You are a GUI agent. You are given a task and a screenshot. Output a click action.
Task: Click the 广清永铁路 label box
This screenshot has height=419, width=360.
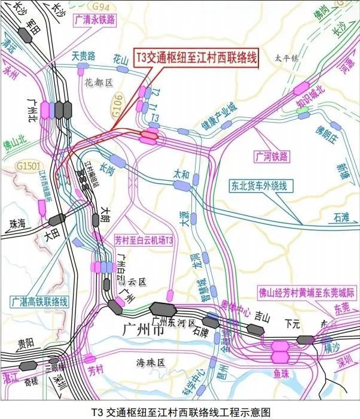click(x=95, y=19)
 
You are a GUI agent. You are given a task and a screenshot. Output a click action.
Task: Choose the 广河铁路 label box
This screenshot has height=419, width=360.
click(x=271, y=156)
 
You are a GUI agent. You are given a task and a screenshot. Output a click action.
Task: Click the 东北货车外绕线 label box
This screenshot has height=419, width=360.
click(x=258, y=186)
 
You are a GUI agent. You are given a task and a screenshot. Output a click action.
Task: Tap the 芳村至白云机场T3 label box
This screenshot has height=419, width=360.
click(x=144, y=241)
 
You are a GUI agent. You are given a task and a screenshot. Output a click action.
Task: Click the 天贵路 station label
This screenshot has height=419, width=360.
click(x=84, y=56)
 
